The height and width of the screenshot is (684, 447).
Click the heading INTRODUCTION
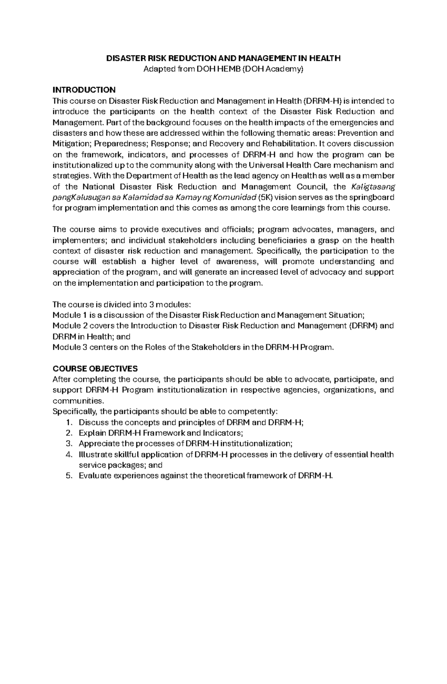pos(84,90)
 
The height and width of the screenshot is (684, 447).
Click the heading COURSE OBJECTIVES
pos(95,369)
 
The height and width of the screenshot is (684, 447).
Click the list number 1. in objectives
pos(68,422)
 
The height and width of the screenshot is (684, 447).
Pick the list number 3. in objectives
pos(68,444)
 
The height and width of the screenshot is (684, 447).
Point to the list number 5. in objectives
pos(68,476)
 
